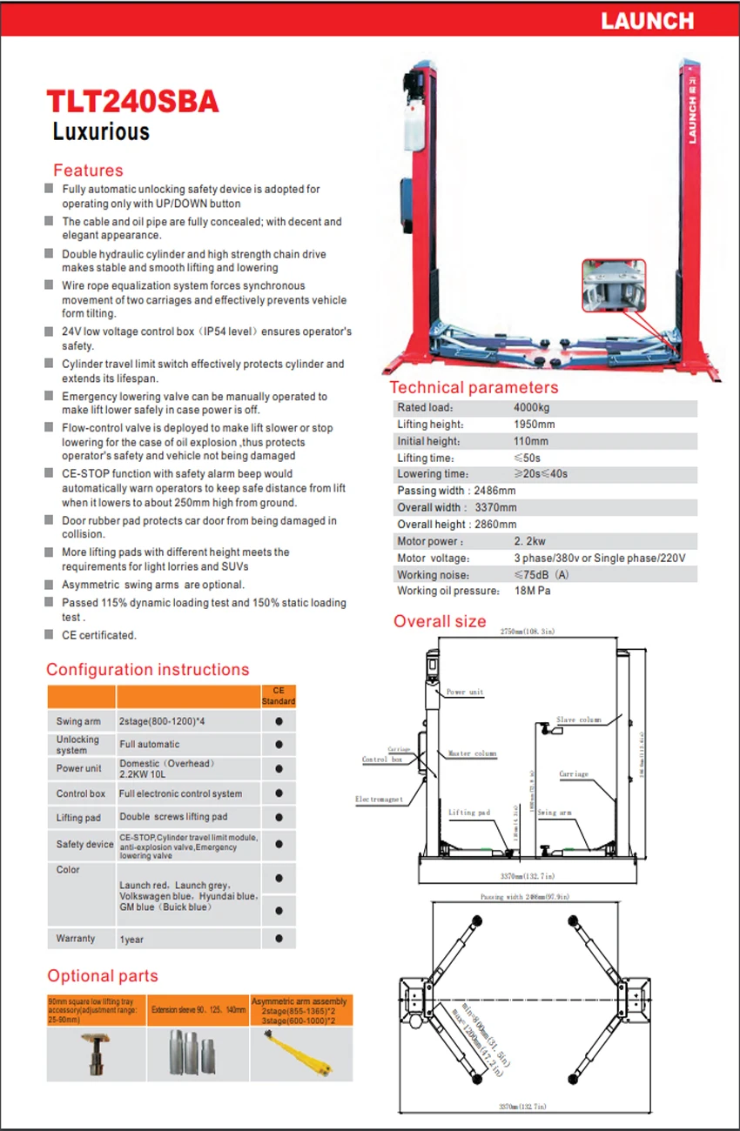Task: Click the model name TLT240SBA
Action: (132, 102)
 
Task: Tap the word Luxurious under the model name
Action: (101, 131)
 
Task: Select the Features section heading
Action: (88, 171)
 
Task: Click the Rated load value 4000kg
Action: (532, 407)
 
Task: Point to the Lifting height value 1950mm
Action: (534, 425)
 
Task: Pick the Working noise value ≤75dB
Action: (541, 574)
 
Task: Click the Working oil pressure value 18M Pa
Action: (533, 591)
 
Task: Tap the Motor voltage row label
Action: (433, 558)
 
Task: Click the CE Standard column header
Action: (279, 696)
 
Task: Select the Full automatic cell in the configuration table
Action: (150, 744)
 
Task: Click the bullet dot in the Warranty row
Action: (279, 939)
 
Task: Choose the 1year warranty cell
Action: (131, 939)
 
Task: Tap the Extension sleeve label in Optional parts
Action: (198, 1010)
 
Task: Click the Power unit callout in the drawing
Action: (464, 693)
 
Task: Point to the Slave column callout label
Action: (578, 720)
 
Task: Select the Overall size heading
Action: (440, 621)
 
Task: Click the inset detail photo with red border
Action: (614, 284)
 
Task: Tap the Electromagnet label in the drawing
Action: (379, 799)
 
